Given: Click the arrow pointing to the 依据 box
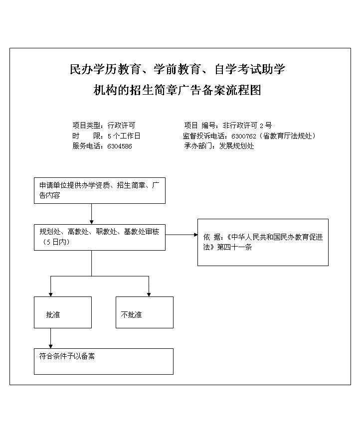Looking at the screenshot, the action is point(181,235).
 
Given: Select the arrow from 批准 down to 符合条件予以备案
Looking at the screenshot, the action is point(50,338).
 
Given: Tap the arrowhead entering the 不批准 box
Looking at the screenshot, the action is point(149,294).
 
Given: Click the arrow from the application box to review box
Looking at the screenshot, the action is point(91,214).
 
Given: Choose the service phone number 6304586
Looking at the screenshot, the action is point(120,146).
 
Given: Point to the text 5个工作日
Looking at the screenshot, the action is point(124,136).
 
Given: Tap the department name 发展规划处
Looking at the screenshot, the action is point(236,146).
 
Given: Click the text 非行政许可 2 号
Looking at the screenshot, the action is point(247,126).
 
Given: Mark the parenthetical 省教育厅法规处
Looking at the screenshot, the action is point(287,136).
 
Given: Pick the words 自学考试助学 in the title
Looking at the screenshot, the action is point(250,69).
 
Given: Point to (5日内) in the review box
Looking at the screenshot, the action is point(56,242).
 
